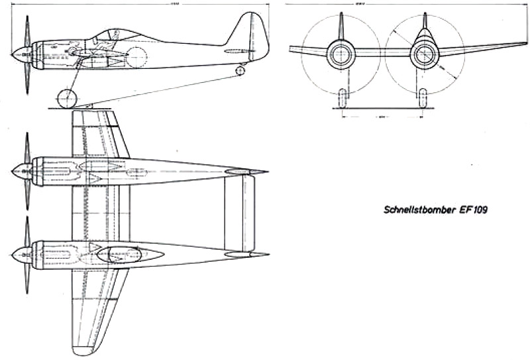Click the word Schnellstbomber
pyautogui.click(x=415, y=211)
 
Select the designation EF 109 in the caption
pyautogui.click(x=470, y=211)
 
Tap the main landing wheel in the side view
pyautogui.click(x=67, y=99)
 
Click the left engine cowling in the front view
pyautogui.click(x=341, y=54)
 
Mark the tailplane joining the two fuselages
pyautogui.click(x=238, y=213)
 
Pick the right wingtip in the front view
pyautogui.click(x=525, y=44)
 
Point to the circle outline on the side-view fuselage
pyautogui.click(x=136, y=58)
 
